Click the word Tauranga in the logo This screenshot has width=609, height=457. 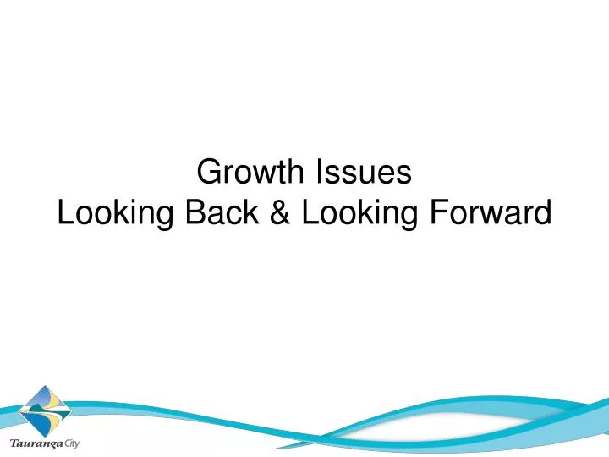[36, 443]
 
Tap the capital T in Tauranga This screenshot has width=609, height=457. [12, 442]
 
